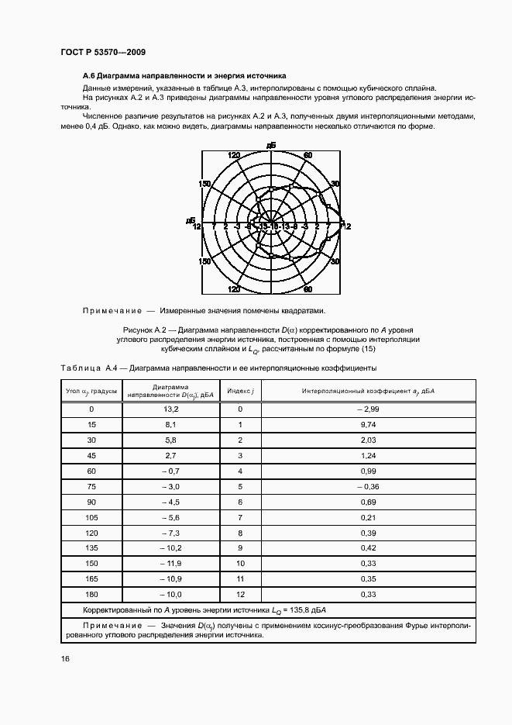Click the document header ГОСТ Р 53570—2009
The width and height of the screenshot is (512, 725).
click(103, 52)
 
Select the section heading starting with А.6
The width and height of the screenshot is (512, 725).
click(184, 77)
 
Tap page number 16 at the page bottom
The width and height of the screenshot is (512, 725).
click(66, 659)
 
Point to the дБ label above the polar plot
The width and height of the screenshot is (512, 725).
click(270, 146)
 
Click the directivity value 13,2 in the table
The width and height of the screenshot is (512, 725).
click(171, 409)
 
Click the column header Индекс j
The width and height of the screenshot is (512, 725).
click(240, 392)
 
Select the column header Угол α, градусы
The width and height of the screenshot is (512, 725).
click(91, 392)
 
